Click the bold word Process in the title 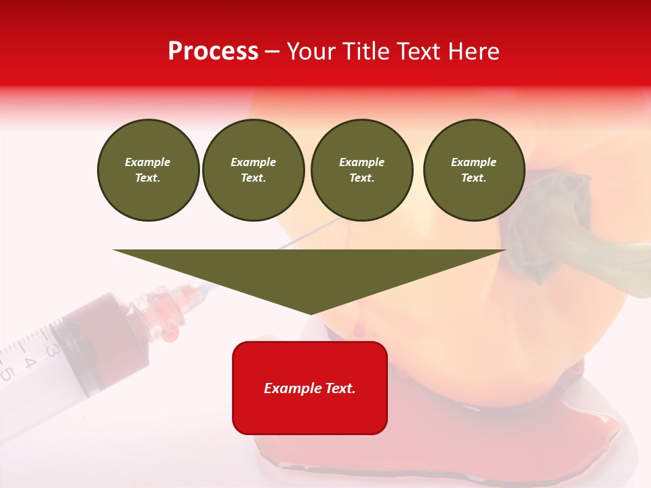pyautogui.click(x=213, y=52)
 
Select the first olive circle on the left pyautogui.click(x=148, y=170)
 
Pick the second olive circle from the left pyautogui.click(x=253, y=170)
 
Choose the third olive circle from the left pyautogui.click(x=361, y=170)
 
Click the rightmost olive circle pyautogui.click(x=473, y=170)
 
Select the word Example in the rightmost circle pyautogui.click(x=473, y=162)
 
